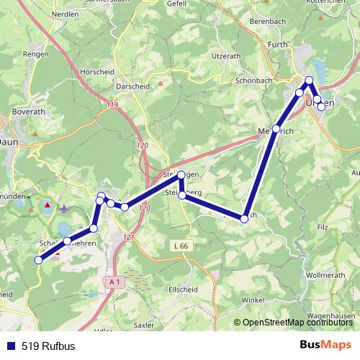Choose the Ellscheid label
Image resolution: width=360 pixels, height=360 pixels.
tap(182, 290)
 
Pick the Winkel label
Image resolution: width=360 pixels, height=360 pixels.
tap(253, 300)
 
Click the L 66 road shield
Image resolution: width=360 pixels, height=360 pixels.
tap(181, 247)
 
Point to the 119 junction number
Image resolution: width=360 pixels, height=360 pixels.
tap(112, 106)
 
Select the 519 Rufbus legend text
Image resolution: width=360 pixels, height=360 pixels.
tap(48, 346)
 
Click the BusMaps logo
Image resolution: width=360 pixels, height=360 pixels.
tap(326, 346)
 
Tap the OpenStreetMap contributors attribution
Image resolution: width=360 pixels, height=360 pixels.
tap(299, 323)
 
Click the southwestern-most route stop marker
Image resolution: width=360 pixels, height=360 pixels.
tap(39, 260)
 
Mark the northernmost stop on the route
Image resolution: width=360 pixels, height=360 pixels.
tap(310, 81)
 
